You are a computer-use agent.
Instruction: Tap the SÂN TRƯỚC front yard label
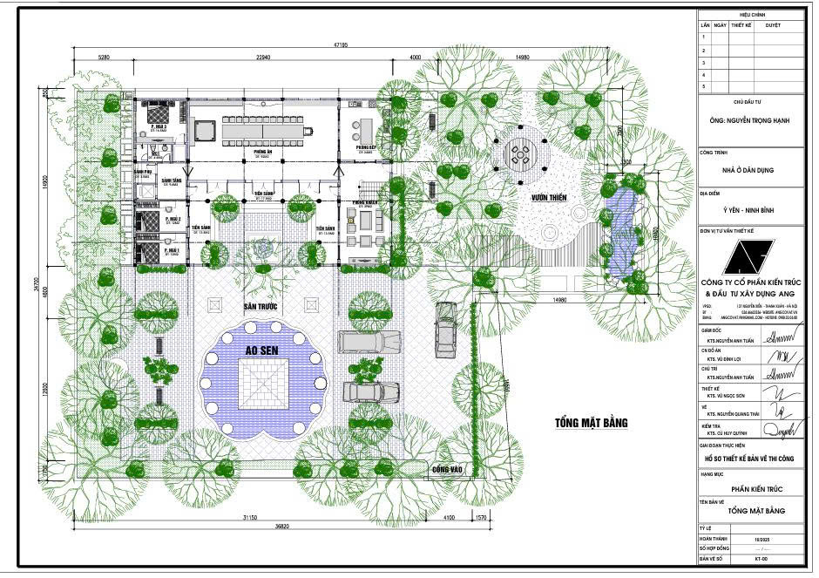coord(261,308)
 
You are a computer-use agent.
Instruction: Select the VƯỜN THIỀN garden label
coord(550,198)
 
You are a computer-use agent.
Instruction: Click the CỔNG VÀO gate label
coord(447,470)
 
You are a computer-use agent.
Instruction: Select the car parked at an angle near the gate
coord(446,323)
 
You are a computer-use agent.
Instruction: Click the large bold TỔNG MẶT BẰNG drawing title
coord(591,424)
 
